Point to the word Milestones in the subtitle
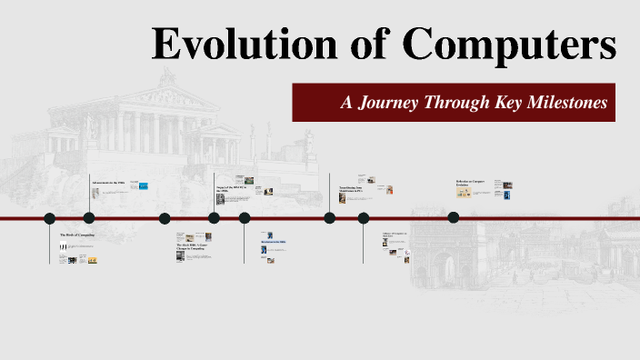[x=563, y=103]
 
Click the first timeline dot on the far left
[x=50, y=218]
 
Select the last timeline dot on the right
[x=454, y=217]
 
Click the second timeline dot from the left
[x=89, y=218]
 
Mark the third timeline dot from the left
[x=165, y=218]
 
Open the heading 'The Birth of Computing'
[x=77, y=235]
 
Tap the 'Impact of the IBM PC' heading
[x=231, y=188]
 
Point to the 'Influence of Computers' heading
[x=396, y=235]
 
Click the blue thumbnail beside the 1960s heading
[x=143, y=186]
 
